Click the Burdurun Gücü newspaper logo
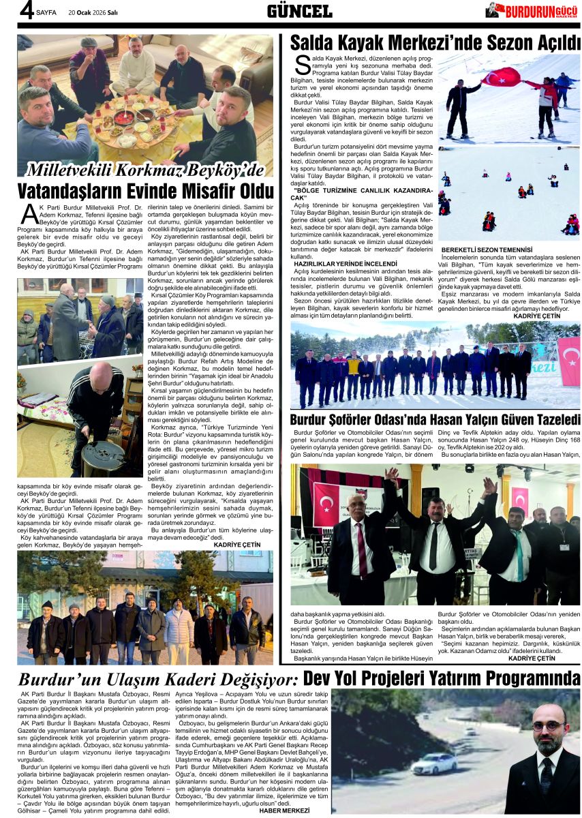click(x=532, y=10)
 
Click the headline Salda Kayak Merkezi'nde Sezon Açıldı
click(x=435, y=42)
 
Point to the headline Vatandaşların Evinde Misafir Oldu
click(x=144, y=190)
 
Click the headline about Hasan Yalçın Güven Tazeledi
click(x=435, y=420)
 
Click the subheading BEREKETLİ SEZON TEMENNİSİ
click(x=487, y=250)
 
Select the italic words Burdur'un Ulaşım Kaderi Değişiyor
click(x=157, y=680)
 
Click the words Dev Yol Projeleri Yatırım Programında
click(x=442, y=679)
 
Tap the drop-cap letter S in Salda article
click(x=302, y=65)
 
